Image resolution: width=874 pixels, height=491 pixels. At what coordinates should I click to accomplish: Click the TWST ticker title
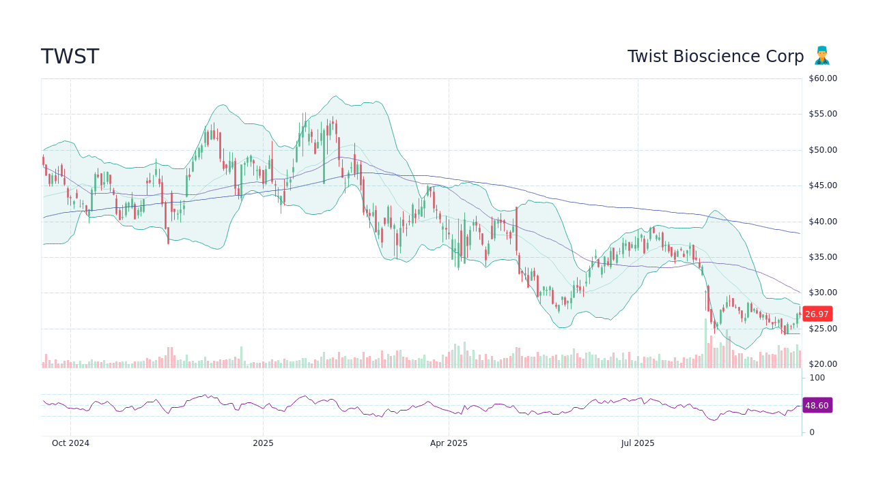tap(70, 57)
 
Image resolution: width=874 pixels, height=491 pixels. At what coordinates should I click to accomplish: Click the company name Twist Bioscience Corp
tap(715, 57)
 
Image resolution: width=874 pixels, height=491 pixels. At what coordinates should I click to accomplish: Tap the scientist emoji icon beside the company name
tap(821, 56)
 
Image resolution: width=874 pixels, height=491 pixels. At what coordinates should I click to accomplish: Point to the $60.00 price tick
tap(822, 78)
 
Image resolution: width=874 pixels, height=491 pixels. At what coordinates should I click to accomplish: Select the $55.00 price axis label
tap(822, 114)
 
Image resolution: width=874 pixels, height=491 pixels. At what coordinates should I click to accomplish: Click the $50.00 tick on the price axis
tap(822, 150)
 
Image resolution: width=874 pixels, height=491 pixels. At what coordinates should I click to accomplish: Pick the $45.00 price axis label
tap(822, 185)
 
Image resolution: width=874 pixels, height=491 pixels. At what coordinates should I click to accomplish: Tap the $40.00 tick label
tap(822, 222)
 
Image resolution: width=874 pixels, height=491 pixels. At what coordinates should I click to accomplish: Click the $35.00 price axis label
tap(822, 257)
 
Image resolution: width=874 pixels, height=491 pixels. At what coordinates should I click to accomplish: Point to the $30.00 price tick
tap(822, 293)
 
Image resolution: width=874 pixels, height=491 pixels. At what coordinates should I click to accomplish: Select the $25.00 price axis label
tap(822, 329)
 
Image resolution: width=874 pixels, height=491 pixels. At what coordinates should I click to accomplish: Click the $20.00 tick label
tap(822, 364)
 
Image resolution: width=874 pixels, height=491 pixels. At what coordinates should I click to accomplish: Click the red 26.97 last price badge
tap(817, 314)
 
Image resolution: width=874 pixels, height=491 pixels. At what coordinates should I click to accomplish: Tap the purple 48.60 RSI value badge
tap(817, 406)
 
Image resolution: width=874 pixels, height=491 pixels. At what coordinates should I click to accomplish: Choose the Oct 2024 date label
tap(70, 443)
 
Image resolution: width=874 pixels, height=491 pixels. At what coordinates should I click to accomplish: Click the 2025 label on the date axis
tap(263, 443)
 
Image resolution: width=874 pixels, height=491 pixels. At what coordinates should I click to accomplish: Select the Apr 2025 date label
tap(449, 443)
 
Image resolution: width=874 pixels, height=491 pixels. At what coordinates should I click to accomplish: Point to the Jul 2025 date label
tap(638, 443)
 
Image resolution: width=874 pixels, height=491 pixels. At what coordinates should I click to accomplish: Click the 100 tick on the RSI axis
tap(817, 378)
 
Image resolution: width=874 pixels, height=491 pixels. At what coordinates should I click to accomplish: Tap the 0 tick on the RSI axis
tap(812, 432)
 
